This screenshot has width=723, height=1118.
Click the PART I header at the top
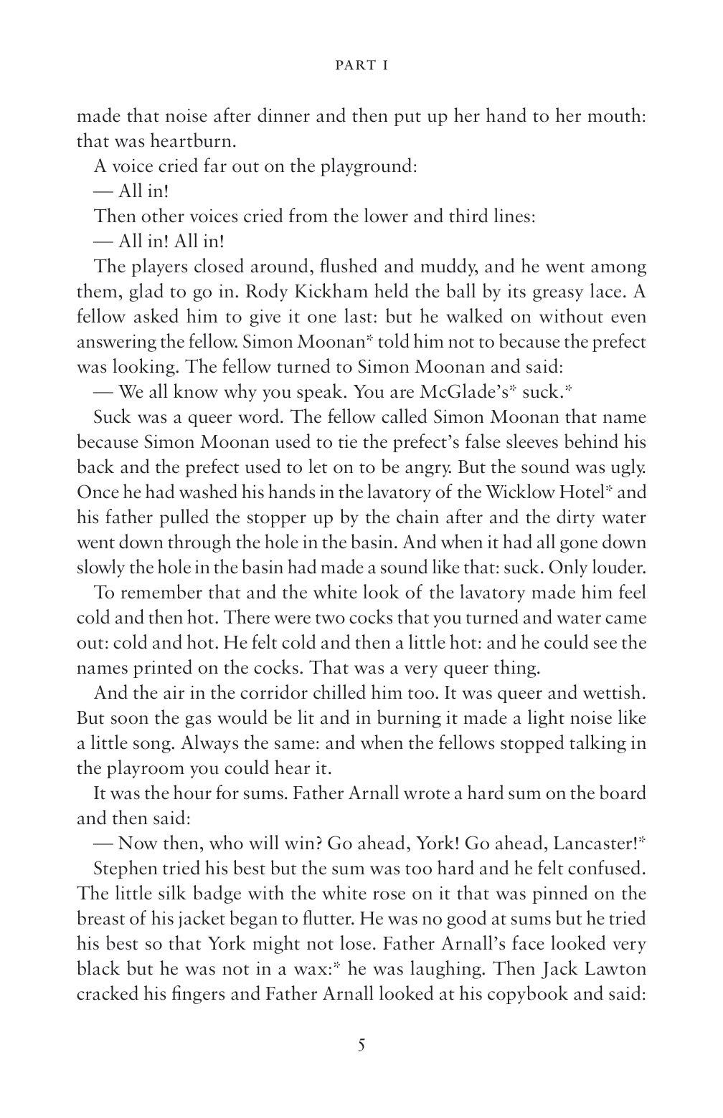pos(361,65)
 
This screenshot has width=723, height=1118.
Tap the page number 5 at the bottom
pos(361,1044)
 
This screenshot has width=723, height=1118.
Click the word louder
pos(617,568)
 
